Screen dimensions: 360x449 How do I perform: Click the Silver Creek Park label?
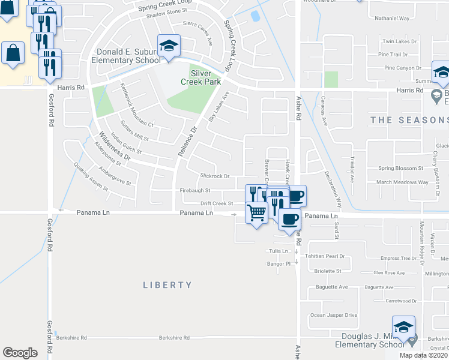(x=205, y=77)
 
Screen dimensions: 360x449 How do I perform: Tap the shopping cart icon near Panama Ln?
(x=256, y=213)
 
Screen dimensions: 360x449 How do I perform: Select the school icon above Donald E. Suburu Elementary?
(x=169, y=46)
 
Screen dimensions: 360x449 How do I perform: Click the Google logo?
(x=20, y=353)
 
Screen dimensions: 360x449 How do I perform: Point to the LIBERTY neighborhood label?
(x=167, y=285)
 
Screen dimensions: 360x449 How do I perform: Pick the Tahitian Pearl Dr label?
(x=325, y=256)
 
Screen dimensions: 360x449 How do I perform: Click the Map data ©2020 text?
(x=424, y=355)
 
